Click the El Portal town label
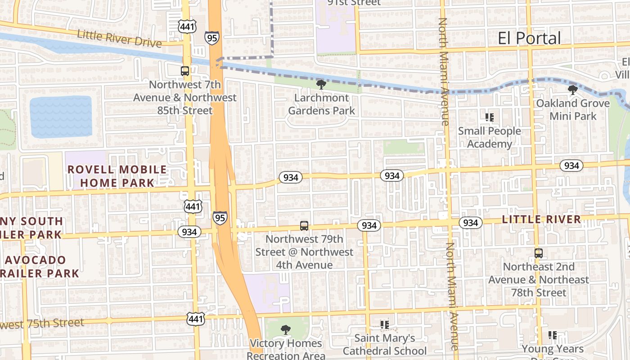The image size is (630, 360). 529,38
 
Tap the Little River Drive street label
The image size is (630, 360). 119,39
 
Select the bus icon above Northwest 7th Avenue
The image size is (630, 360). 185,71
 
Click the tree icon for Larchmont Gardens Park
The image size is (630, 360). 321,84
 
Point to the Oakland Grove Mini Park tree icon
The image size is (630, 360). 572,90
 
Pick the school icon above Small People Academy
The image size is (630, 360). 490,118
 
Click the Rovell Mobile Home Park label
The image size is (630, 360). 117,176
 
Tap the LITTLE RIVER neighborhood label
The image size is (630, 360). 541,220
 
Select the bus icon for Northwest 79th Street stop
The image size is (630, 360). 304,226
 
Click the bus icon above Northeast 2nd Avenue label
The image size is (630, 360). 539,253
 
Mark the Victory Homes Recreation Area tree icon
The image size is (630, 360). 285,330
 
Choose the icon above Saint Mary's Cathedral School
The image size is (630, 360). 384,324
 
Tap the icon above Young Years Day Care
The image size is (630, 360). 553,335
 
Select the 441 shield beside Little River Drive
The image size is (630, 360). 186,27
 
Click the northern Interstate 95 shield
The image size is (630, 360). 211,37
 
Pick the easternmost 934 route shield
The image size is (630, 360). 571,166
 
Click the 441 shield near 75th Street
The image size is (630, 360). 196,318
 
